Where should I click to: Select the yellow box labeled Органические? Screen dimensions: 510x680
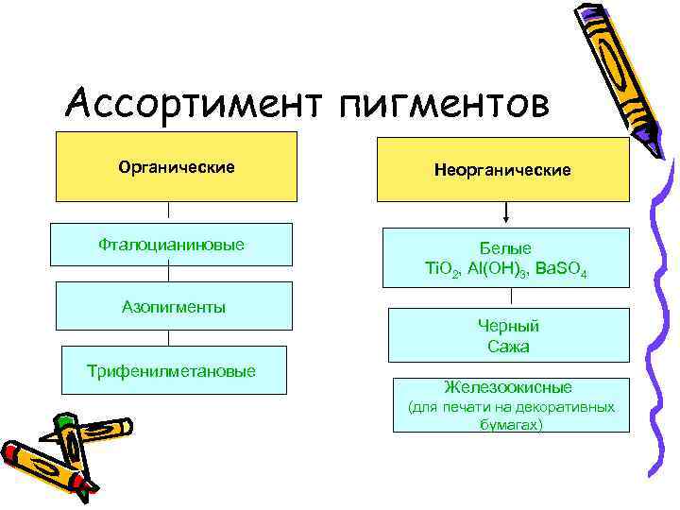(177, 167)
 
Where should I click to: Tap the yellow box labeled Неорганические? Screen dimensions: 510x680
(502, 170)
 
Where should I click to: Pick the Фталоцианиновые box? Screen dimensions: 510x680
(171, 245)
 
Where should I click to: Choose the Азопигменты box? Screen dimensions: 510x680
(173, 307)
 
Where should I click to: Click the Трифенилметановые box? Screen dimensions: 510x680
(172, 370)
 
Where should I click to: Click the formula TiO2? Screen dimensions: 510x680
(441, 269)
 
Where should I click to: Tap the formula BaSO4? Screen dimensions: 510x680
(561, 269)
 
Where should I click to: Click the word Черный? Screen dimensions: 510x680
(508, 326)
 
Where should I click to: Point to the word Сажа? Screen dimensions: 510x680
(508, 347)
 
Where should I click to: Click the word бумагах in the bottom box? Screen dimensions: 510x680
(511, 425)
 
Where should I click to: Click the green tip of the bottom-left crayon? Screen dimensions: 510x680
(63, 421)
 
